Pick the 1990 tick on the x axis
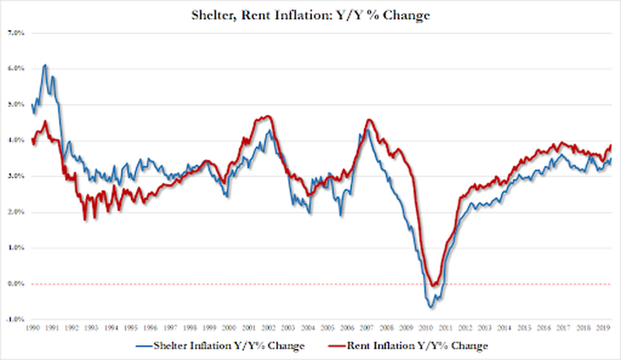(33, 329)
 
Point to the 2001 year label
(249, 329)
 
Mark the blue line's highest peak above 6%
(45, 65)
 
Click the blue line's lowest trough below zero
(428, 308)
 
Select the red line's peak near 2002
(267, 116)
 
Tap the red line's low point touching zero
(435, 285)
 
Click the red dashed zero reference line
(233, 284)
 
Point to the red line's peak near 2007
(369, 119)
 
